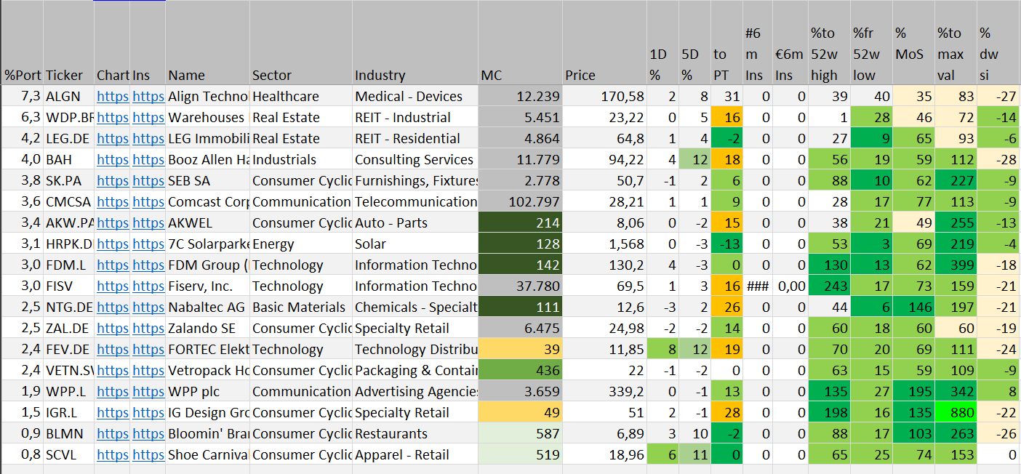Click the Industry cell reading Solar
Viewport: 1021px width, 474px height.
pos(371,244)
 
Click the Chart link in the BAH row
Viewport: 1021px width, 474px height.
pos(112,159)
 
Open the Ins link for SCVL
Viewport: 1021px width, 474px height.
pos(148,454)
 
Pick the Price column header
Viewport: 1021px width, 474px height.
pos(580,75)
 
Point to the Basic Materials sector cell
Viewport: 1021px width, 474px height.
pos(299,307)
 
